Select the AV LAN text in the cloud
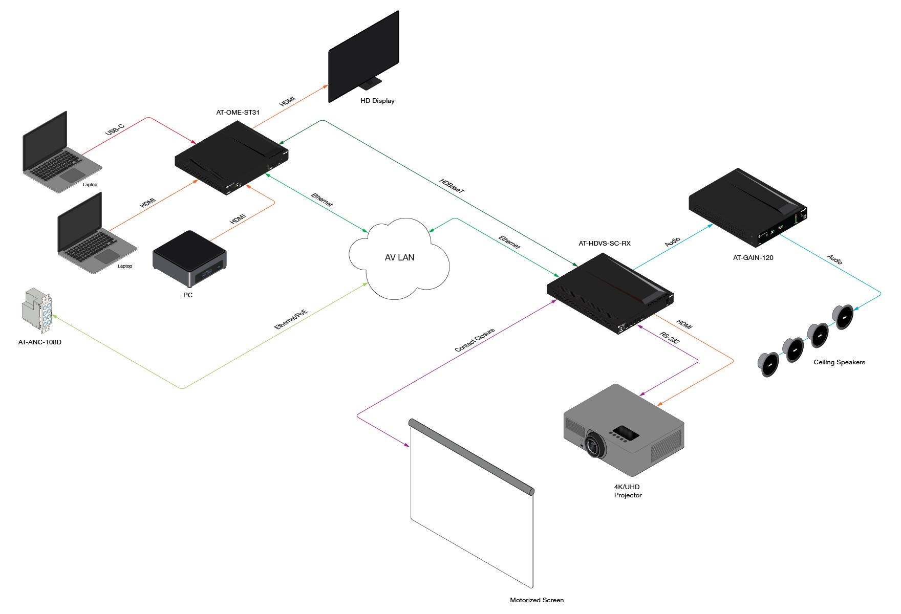pos(400,257)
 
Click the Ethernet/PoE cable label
pos(291,319)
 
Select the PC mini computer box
pos(190,259)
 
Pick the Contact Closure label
pos(475,340)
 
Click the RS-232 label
pos(670,341)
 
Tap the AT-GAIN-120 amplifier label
pos(753,258)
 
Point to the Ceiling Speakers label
pos(839,362)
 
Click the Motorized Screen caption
pos(537,600)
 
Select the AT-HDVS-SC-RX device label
pos(605,244)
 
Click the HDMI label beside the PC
pos(238,218)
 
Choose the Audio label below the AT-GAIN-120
pos(834,259)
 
